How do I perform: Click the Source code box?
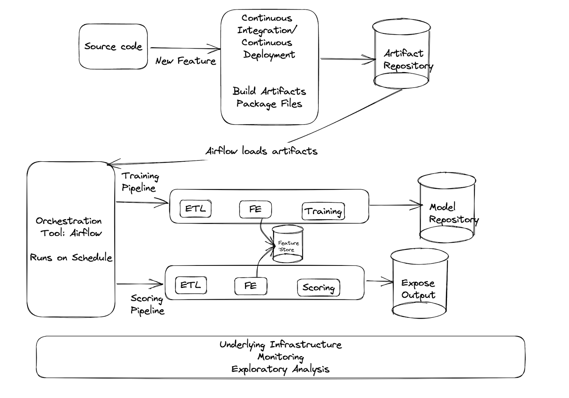(113, 47)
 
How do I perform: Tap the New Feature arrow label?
(186, 61)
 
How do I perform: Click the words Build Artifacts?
(269, 91)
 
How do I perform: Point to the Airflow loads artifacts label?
(261, 151)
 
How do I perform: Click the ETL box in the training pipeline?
(196, 209)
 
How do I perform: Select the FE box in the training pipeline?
(255, 209)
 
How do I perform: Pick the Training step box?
(323, 211)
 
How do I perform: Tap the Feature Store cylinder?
(288, 244)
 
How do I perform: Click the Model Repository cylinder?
(447, 210)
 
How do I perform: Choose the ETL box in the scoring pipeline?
(191, 285)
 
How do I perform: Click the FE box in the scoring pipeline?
(250, 286)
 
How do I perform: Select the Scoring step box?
(318, 287)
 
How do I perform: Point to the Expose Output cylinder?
(419, 284)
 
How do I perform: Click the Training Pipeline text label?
(140, 182)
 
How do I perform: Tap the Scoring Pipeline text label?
(147, 304)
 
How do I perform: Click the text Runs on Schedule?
(71, 258)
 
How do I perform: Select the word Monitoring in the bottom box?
(281, 356)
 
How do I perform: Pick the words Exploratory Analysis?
(281, 369)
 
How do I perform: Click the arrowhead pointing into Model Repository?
(418, 205)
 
